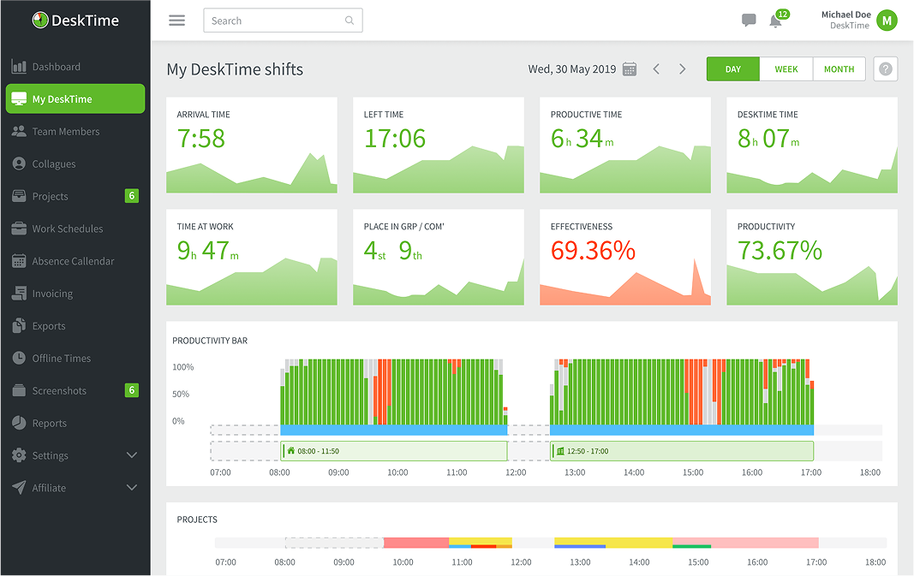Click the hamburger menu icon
176,21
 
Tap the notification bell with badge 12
776,21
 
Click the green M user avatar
887,21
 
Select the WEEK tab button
786,69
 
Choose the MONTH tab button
839,69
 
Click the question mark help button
885,69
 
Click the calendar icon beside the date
630,69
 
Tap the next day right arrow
683,69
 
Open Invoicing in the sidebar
52,294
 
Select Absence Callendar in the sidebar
73,261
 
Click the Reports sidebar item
49,423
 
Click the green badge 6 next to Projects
131,196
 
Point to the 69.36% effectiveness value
593,251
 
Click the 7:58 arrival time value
201,139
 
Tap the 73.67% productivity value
780,251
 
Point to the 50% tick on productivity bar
181,395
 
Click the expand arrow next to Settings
132,455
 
